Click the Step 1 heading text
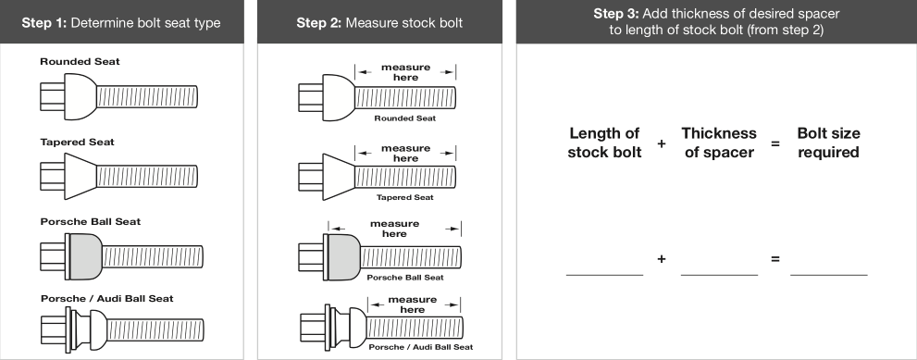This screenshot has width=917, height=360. point(121,23)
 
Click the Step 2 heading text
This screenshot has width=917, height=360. point(379,23)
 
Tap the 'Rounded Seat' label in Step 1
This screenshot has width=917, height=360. point(81,61)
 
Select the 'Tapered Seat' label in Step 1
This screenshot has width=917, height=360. point(77,143)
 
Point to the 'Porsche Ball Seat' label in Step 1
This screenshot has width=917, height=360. point(91,222)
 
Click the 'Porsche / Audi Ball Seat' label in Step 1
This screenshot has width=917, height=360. point(107,299)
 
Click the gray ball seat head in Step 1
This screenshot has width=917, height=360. point(85,256)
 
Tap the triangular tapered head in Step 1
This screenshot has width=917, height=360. point(81,176)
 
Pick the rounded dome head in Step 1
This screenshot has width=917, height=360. point(81,96)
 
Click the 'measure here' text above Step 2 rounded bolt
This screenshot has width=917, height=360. point(405,72)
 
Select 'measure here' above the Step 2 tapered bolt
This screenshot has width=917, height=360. point(405,153)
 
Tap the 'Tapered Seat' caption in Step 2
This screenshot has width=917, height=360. point(404,197)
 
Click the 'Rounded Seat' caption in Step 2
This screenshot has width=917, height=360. point(404,118)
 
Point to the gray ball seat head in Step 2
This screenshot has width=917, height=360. point(343,256)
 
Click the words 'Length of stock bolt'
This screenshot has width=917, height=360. point(605,143)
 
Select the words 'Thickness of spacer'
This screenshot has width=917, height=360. point(719,143)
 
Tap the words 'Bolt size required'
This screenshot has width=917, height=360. point(829,143)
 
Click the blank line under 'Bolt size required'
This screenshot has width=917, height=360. point(829,275)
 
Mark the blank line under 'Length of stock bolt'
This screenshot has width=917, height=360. point(605,275)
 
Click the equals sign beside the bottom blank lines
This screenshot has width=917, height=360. point(775,258)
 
